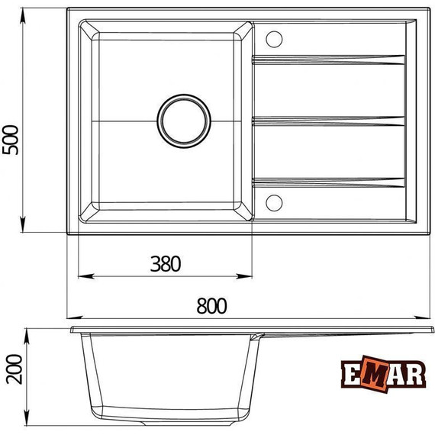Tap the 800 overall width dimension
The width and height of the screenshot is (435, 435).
[211, 305]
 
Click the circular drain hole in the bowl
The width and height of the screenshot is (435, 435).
[183, 120]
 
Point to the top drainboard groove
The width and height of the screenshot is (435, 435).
[328, 57]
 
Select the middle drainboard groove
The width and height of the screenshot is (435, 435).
[328, 120]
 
